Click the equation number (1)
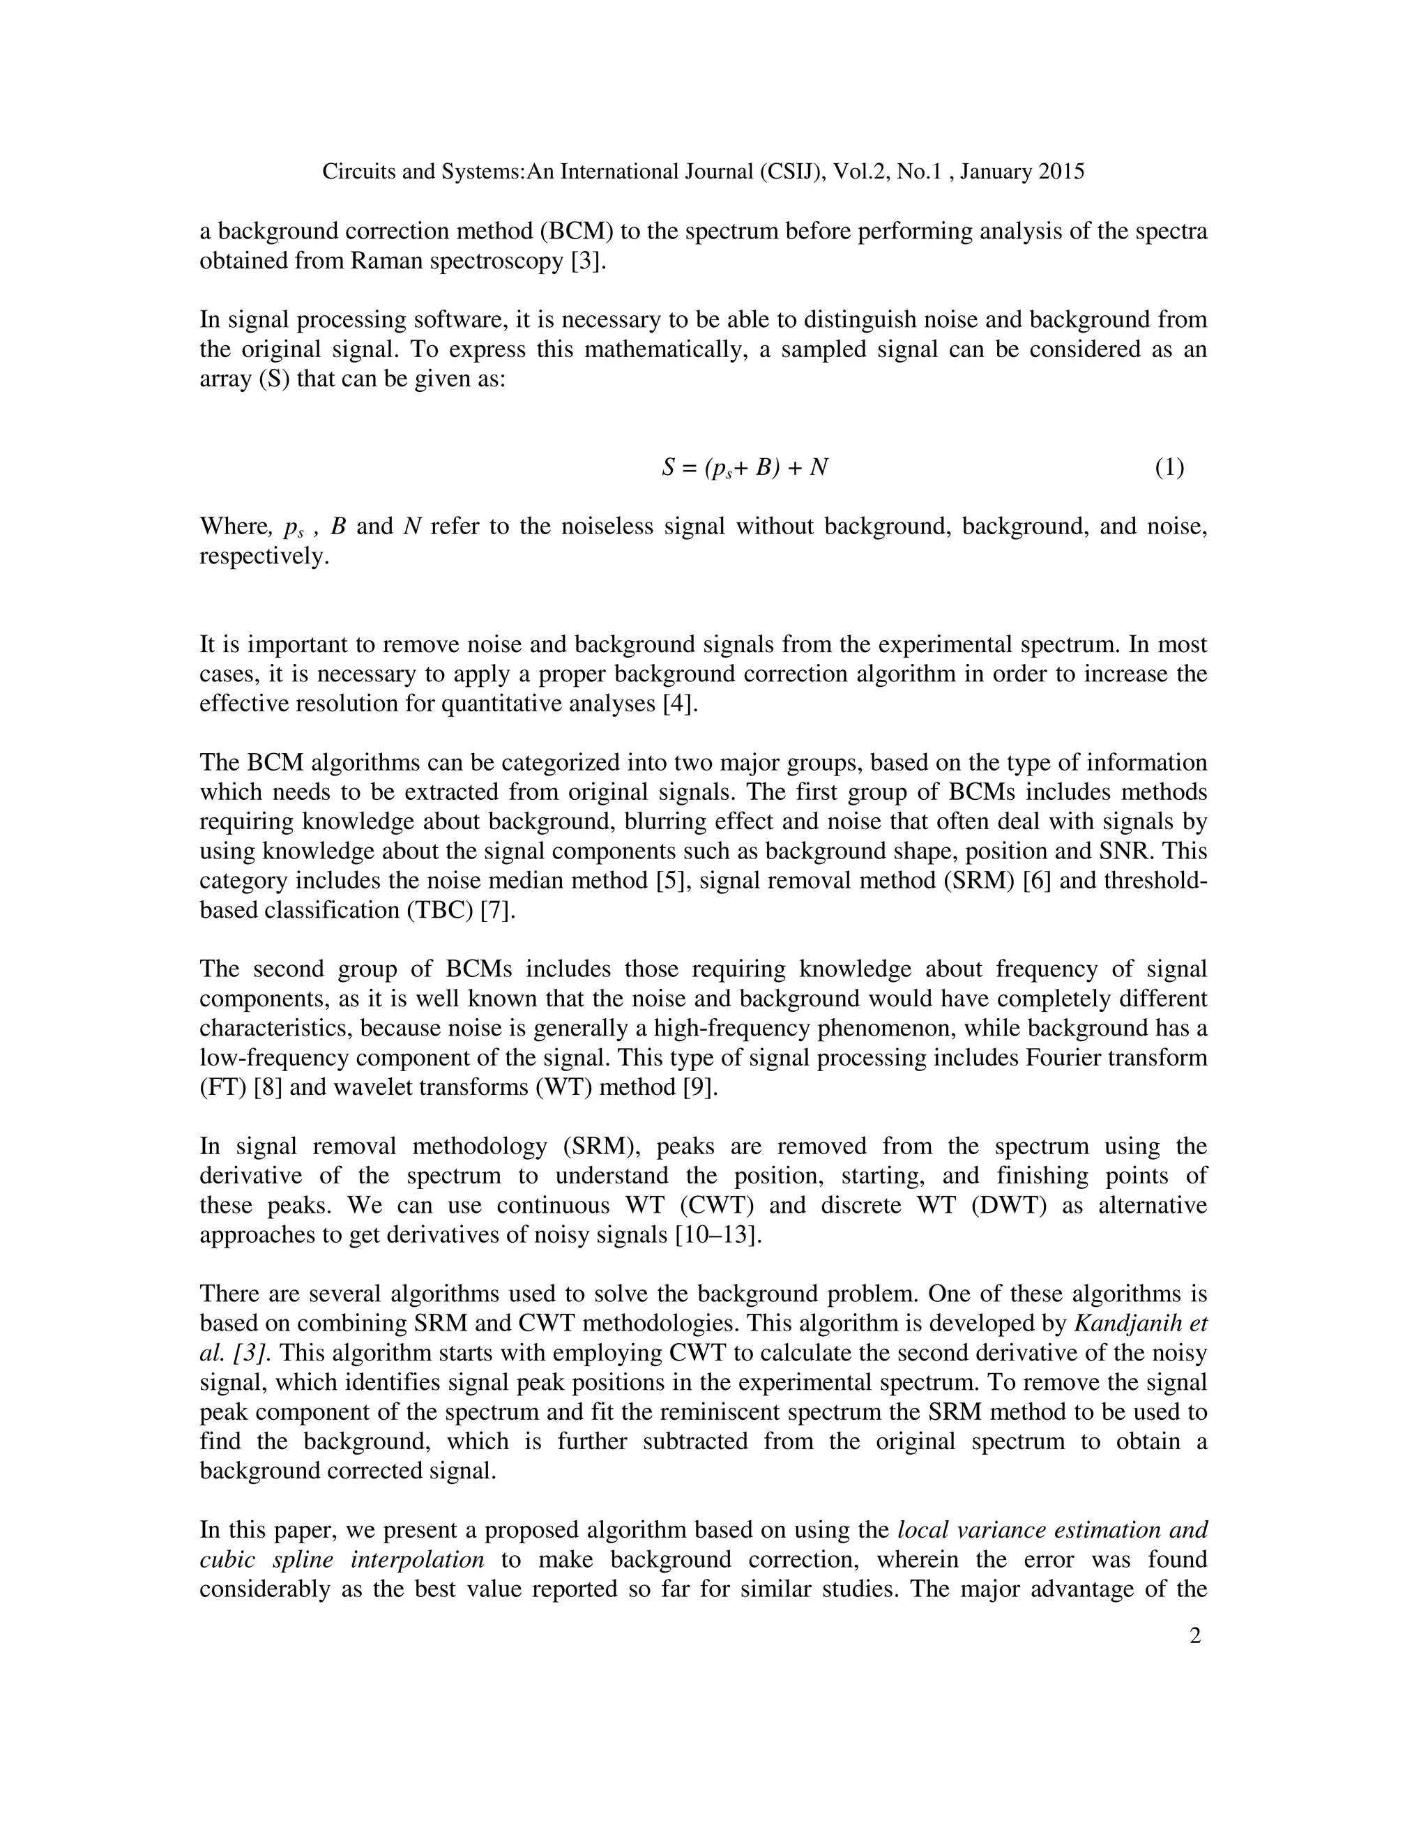(1169, 467)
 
